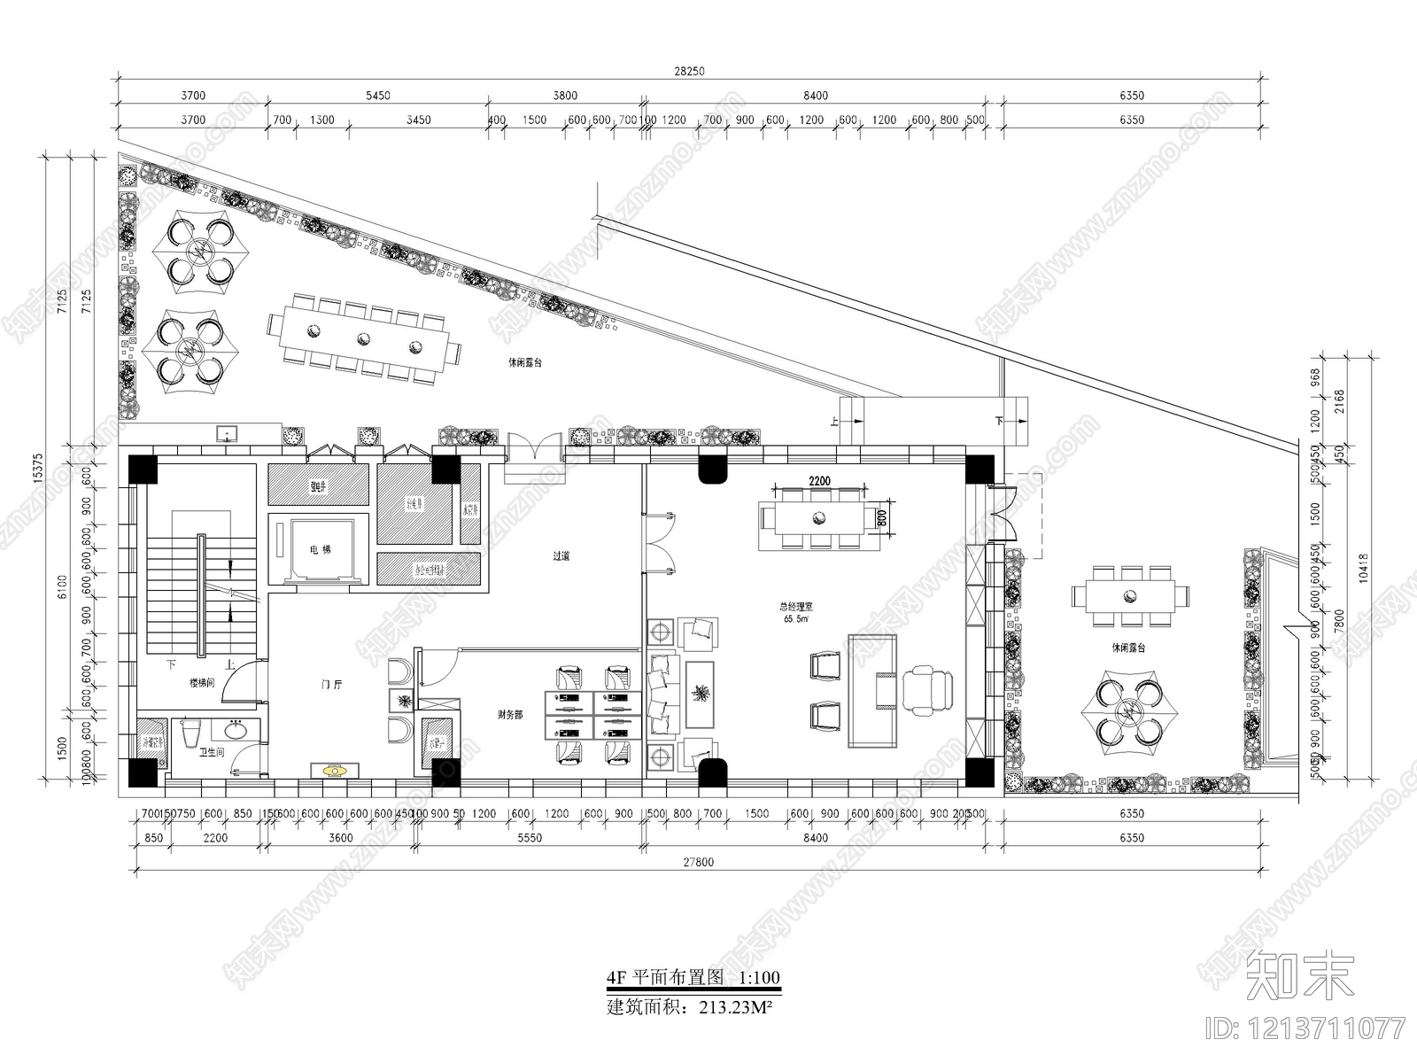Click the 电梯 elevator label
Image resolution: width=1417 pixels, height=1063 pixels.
[320, 550]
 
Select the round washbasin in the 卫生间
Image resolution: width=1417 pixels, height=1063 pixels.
[236, 732]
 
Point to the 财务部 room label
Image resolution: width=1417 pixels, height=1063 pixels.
[509, 714]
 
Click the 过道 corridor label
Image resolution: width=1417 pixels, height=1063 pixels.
[561, 556]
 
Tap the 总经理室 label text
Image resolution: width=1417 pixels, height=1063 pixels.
[795, 608]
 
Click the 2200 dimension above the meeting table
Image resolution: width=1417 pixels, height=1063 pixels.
[819, 480]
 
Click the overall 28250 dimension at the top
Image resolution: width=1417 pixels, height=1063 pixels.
[689, 72]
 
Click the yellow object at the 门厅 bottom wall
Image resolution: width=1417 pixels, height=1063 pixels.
[334, 771]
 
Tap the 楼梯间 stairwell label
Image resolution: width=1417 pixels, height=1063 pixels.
[202, 683]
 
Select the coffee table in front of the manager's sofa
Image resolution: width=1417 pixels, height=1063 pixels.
[700, 693]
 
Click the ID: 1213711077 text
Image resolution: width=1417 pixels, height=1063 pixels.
[1306, 1028]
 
